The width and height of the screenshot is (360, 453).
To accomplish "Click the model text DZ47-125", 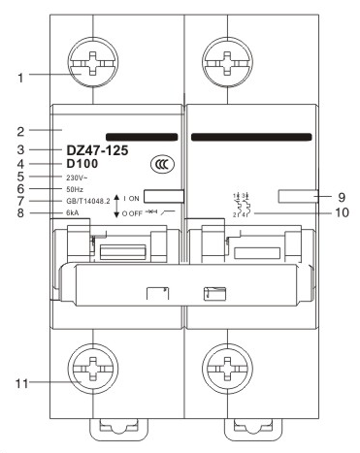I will click(96, 150).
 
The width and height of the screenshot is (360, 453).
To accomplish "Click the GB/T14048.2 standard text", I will click(88, 203).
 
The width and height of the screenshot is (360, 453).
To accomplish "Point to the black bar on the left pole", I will click(141, 138).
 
